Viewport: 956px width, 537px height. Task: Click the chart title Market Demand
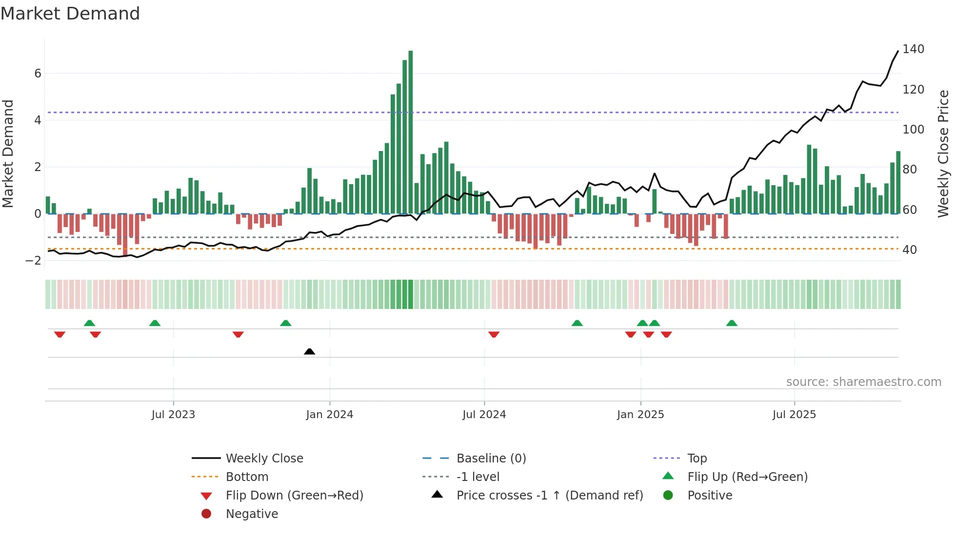tap(70, 14)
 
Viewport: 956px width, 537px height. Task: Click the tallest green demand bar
tap(411, 132)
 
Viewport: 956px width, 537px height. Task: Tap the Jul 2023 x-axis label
tap(173, 415)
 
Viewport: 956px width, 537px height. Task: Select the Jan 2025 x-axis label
tap(640, 415)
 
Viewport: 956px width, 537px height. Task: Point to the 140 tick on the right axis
tap(913, 49)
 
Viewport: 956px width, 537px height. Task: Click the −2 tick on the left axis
tap(34, 260)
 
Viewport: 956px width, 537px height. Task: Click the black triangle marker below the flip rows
tap(309, 351)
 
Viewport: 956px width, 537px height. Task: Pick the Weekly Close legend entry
tap(264, 459)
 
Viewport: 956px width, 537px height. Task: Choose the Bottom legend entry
tap(247, 477)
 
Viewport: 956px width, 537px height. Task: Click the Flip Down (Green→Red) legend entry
tap(294, 496)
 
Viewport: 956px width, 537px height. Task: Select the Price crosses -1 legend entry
tap(549, 496)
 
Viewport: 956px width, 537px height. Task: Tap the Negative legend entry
tap(252, 514)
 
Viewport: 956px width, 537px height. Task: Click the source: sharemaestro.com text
tap(863, 382)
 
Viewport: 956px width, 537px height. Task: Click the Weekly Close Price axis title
tap(943, 153)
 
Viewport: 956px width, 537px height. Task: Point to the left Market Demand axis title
tap(8, 153)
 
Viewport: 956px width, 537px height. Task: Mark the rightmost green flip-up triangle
tap(732, 323)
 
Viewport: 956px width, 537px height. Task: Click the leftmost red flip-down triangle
tap(60, 334)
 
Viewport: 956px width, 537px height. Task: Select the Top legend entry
tap(697, 459)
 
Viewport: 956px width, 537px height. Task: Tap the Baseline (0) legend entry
tap(491, 459)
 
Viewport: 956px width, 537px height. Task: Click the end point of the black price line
tap(898, 51)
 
